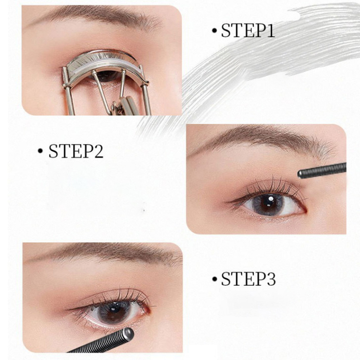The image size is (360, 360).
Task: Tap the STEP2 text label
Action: pyautogui.click(x=76, y=151)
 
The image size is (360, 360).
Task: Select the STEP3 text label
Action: pyautogui.click(x=248, y=279)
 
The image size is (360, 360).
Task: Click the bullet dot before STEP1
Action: pyautogui.click(x=215, y=31)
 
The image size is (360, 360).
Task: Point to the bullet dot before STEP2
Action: pyautogui.click(x=40, y=151)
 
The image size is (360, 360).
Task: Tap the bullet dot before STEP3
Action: pyautogui.click(x=215, y=279)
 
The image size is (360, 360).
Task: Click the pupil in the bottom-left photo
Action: pyautogui.click(x=113, y=313)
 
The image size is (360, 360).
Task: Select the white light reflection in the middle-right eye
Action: pyautogui.click(x=271, y=198)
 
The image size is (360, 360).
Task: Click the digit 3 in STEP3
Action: pyautogui.click(x=271, y=279)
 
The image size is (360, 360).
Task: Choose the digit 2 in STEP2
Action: pyautogui.click(x=99, y=151)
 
